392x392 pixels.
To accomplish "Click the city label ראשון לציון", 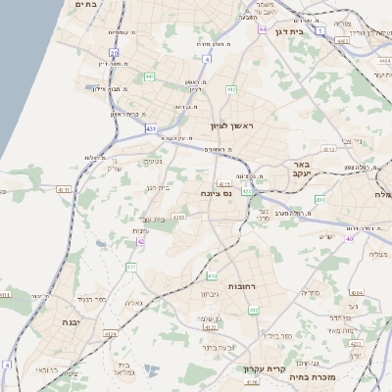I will pyautogui.click(x=231, y=126).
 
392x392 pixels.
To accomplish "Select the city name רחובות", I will pyautogui.click(x=241, y=285).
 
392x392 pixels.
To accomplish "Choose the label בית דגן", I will pyautogui.click(x=313, y=30).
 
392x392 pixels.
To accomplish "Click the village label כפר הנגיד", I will pyautogui.click(x=90, y=298).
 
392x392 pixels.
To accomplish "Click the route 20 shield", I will pyautogui.click(x=114, y=53).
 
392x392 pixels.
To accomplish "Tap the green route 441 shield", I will pyautogui.click(x=149, y=75).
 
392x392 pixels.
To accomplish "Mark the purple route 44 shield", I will pyautogui.click(x=263, y=29).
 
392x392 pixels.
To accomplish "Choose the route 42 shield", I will pyautogui.click(x=141, y=240).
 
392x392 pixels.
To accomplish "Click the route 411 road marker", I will pyautogui.click(x=130, y=267).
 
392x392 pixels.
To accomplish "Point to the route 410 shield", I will pyautogui.click(x=212, y=275).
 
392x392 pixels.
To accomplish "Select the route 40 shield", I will pyautogui.click(x=349, y=238).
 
